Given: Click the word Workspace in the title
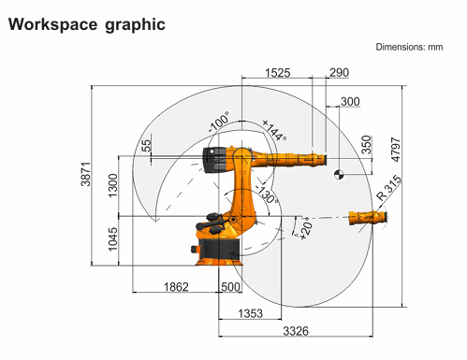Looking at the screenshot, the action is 53,24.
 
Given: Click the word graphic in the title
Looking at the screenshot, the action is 135,25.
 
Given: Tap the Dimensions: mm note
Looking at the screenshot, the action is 409,47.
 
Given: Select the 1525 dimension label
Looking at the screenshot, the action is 277,73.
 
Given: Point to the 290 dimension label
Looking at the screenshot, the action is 339,73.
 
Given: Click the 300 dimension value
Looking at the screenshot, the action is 350,102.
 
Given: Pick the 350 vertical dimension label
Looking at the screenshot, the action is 367,145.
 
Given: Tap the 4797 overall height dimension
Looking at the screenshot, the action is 395,150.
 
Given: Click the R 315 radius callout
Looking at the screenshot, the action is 388,188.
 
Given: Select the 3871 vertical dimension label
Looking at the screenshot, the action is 85,174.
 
